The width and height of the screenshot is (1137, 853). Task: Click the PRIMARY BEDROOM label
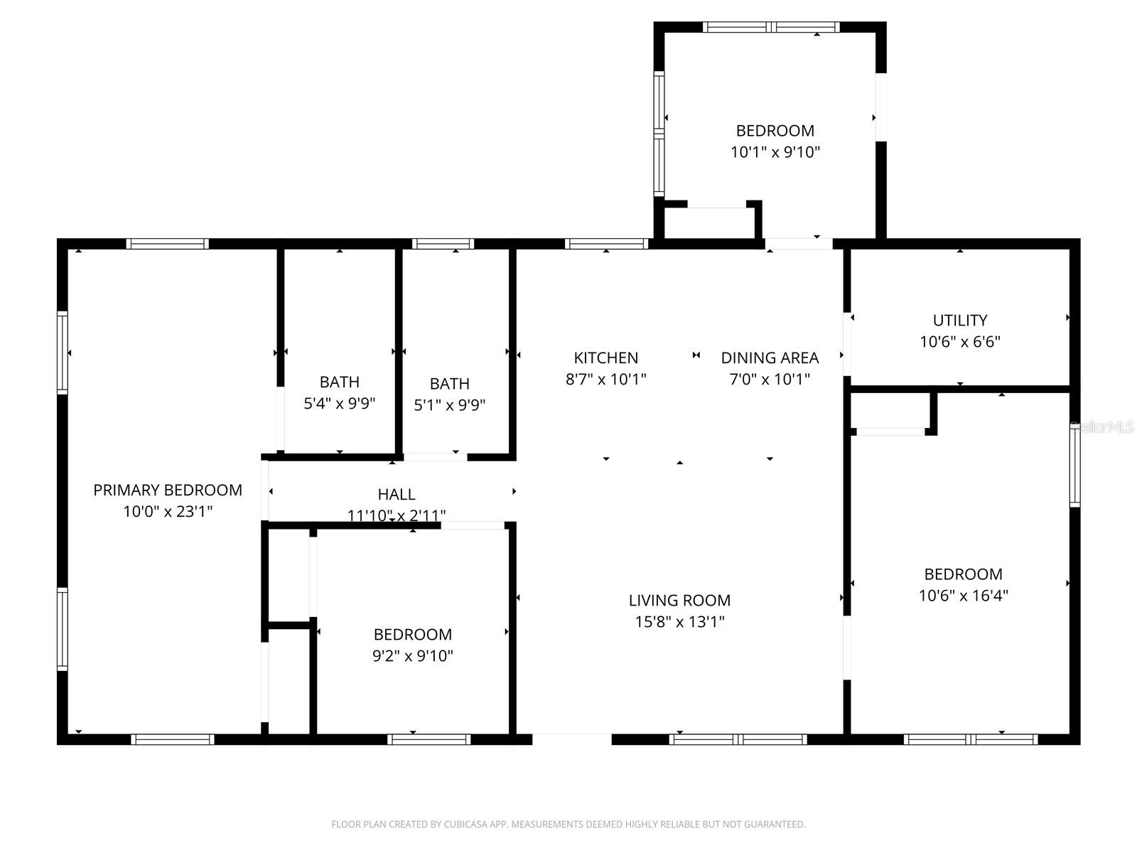168,490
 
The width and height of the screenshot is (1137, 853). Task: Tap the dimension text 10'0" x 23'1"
168,511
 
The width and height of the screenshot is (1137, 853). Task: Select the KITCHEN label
606,358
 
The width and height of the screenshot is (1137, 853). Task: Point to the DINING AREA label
770,358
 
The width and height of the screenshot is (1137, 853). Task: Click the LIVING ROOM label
679,600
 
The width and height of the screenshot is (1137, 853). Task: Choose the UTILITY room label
960,320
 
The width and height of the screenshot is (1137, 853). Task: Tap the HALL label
397,494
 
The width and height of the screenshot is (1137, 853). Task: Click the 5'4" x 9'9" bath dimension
340,404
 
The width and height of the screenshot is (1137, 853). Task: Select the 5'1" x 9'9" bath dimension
450,405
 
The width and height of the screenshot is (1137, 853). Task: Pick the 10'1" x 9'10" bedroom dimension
775,151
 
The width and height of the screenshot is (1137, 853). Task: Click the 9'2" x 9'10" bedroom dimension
413,655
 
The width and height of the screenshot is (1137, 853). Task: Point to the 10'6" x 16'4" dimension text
964,596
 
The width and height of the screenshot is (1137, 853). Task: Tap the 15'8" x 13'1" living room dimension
679,621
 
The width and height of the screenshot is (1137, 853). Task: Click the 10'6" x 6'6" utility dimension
960,341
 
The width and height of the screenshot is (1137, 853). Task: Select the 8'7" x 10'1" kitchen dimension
606,379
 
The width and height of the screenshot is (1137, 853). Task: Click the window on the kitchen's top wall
606,244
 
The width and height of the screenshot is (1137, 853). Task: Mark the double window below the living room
738,739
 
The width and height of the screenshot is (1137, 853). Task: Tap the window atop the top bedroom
771,28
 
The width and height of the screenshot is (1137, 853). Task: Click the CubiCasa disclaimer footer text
568,825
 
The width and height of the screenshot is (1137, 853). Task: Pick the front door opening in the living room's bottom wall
572,739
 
